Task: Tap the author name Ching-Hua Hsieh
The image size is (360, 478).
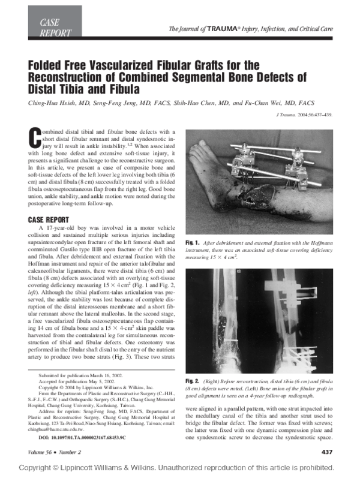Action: [58, 103]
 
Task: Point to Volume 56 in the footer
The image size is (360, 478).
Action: [43, 451]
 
